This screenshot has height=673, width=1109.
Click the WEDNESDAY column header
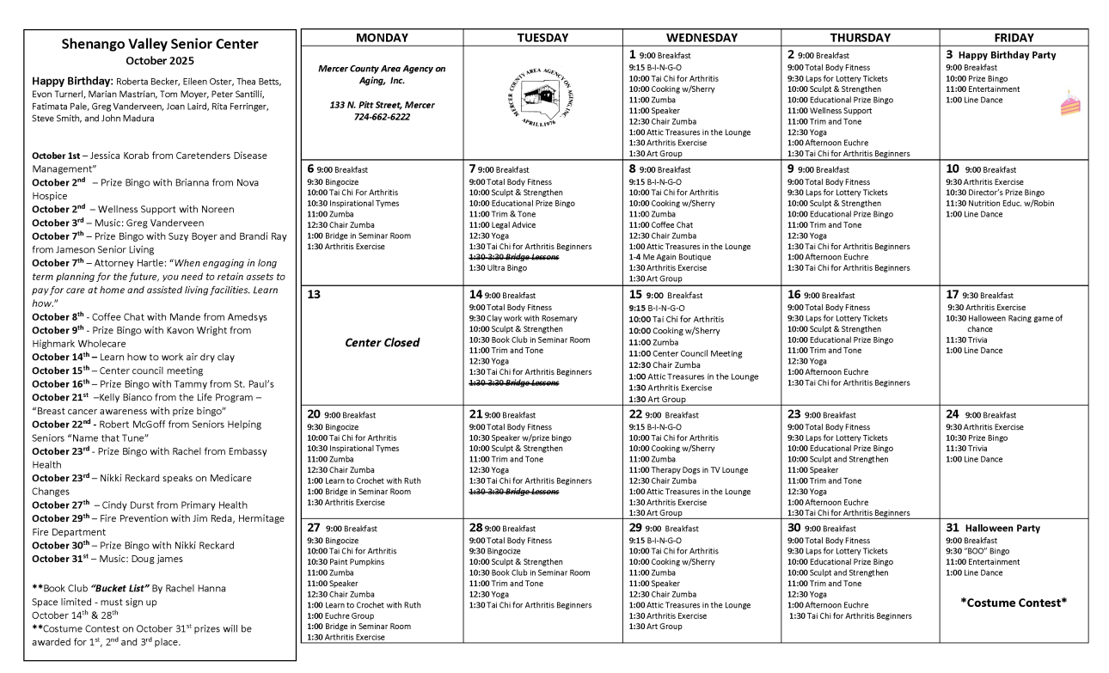(x=702, y=38)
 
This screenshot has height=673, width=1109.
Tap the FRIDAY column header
(x=1014, y=38)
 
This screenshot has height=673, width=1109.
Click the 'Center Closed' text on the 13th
(x=382, y=342)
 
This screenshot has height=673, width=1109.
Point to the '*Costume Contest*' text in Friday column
(x=1014, y=603)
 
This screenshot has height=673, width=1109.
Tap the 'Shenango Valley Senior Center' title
(x=160, y=45)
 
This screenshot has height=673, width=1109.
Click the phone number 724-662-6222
(x=382, y=117)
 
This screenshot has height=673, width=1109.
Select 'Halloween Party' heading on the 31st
(x=1005, y=528)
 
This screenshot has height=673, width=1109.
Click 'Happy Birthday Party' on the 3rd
(x=1007, y=55)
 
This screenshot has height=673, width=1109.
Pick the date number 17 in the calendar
(x=953, y=295)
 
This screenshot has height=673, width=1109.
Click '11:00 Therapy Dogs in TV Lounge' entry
(x=688, y=470)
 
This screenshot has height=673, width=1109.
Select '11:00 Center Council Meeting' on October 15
(x=685, y=353)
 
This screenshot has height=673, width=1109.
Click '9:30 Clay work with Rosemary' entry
(x=523, y=318)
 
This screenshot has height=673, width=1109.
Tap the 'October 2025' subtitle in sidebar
(x=160, y=61)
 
